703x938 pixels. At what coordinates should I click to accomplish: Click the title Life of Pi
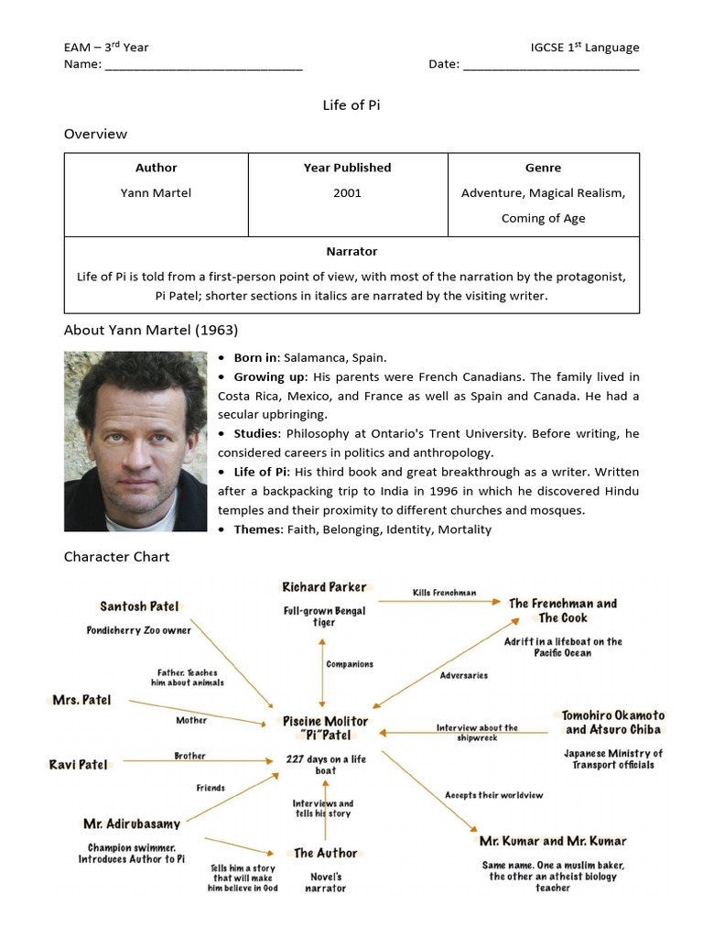pos(351,104)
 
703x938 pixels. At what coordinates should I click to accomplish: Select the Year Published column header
pos(347,168)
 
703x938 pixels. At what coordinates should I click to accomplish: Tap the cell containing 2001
pos(347,192)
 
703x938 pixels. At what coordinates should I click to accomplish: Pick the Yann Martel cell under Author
pos(156,192)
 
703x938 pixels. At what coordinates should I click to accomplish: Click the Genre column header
pos(543,168)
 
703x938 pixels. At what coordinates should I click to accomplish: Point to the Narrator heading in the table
pos(351,251)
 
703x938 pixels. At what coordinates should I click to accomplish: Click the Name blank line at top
pos(203,65)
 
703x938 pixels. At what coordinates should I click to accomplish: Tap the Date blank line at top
pos(551,65)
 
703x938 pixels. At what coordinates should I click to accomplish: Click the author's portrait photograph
pos(135,442)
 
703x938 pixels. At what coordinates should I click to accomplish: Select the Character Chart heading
pos(116,556)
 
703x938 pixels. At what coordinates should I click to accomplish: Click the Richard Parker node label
pos(324,587)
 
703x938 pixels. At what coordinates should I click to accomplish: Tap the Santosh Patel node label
pos(139,606)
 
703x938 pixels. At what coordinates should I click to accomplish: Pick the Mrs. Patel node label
pos(82,700)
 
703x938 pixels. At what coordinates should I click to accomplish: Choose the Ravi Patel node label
pos(79,764)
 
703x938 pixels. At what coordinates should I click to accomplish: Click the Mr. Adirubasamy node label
pos(132,823)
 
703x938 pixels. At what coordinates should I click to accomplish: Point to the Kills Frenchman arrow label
pos(444,593)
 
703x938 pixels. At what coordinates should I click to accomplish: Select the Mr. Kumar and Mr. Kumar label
pos(553,841)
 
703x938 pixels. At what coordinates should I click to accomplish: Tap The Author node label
pos(325,853)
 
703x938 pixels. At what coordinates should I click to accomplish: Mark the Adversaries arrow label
pos(463,675)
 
